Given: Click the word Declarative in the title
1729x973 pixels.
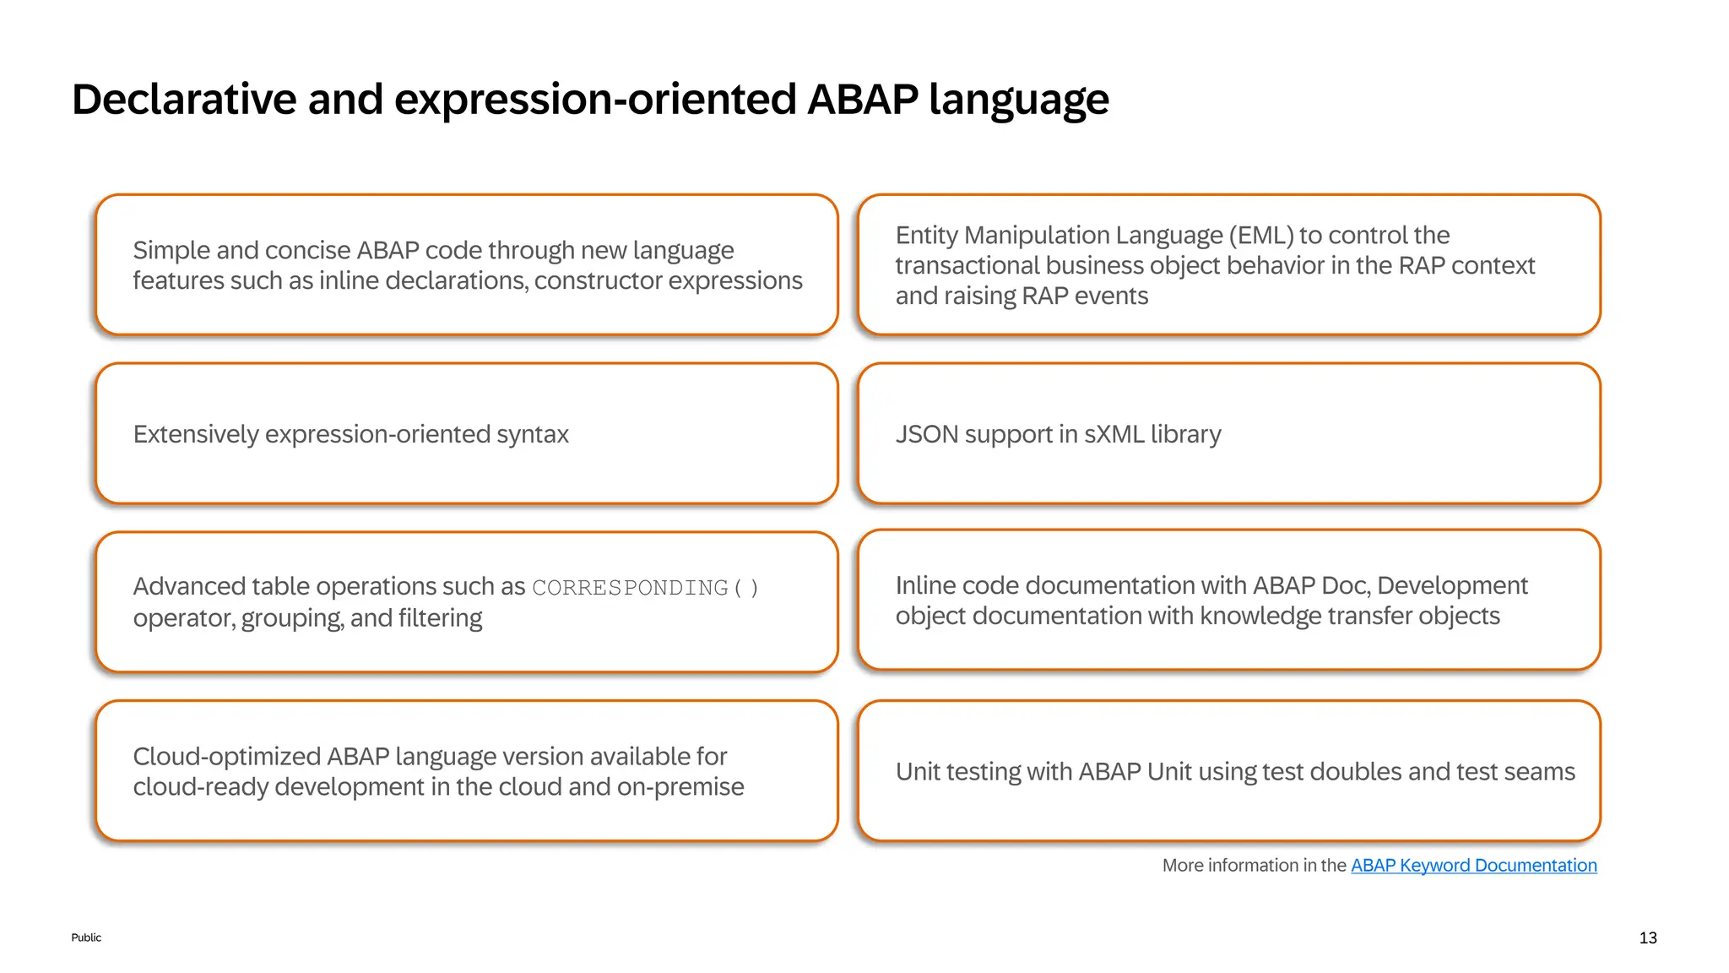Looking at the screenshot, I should (x=184, y=100).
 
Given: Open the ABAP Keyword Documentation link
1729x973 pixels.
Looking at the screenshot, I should (x=1473, y=865).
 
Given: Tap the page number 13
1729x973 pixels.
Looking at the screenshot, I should (x=1647, y=938).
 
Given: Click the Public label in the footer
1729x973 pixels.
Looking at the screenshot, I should (x=86, y=938).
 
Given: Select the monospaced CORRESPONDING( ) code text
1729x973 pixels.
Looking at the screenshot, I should (x=645, y=588).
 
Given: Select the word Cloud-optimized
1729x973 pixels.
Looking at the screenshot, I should (x=226, y=756).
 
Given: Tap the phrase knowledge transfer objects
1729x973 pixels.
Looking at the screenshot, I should (x=1349, y=616).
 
